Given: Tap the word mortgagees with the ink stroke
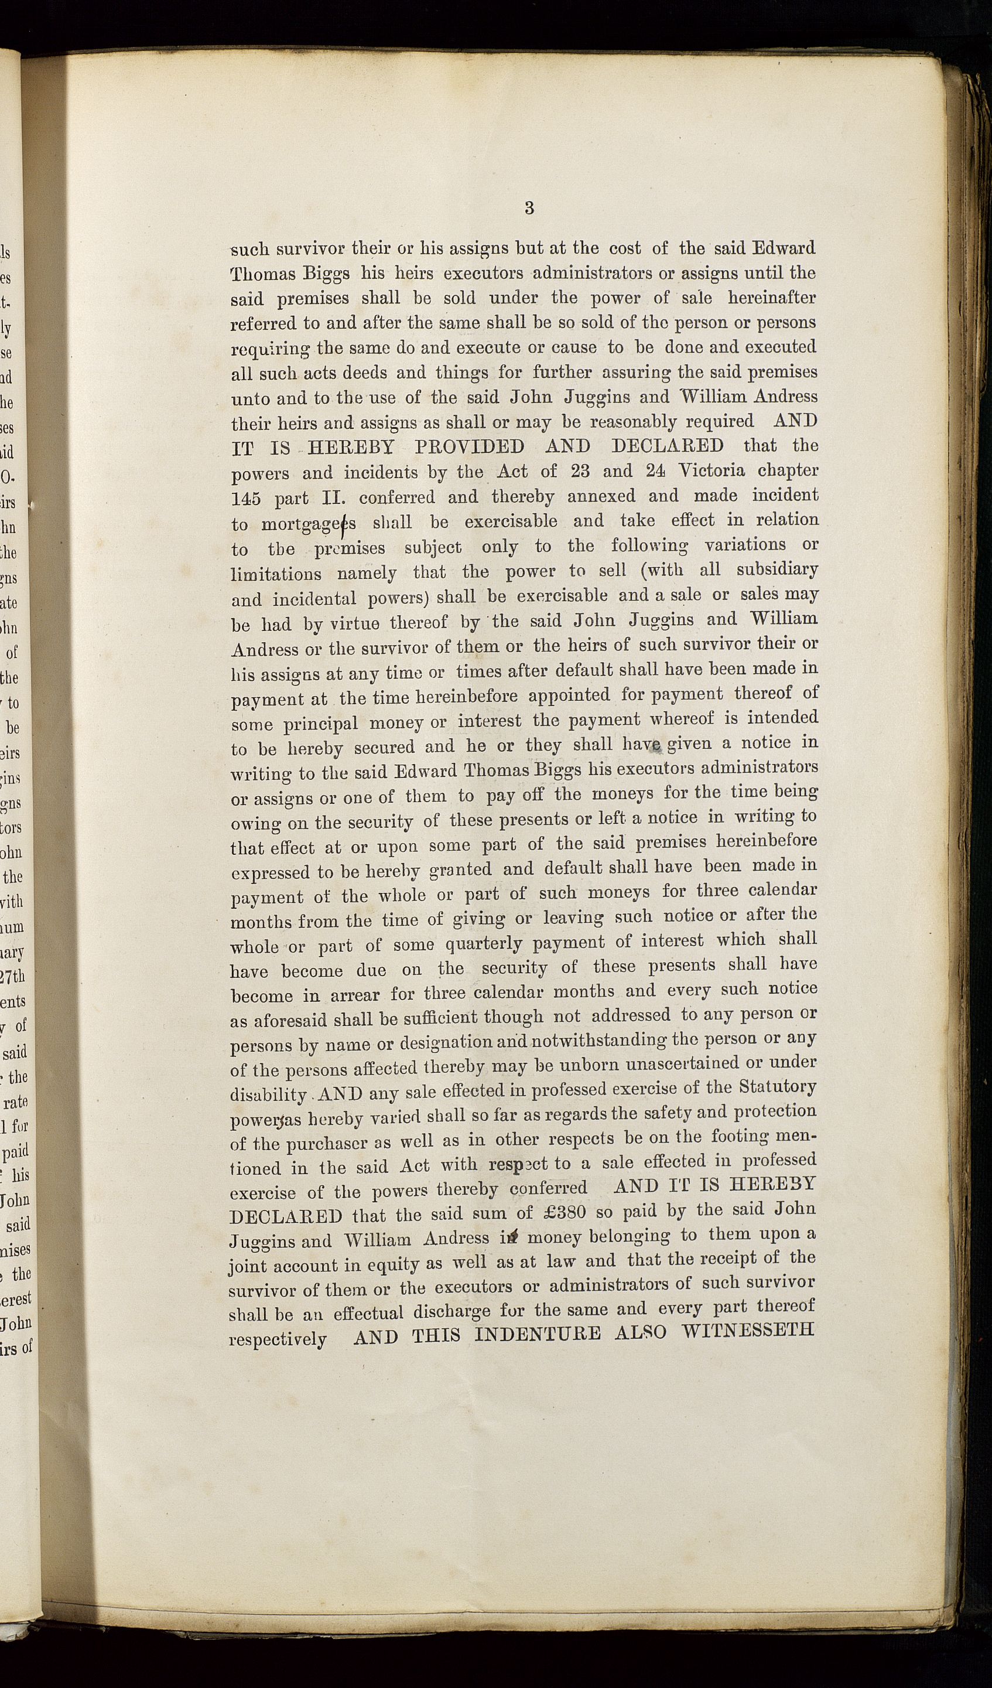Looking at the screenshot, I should (309, 524).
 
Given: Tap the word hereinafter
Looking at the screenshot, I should (772, 298).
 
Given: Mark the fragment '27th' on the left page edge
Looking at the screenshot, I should (13, 977).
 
